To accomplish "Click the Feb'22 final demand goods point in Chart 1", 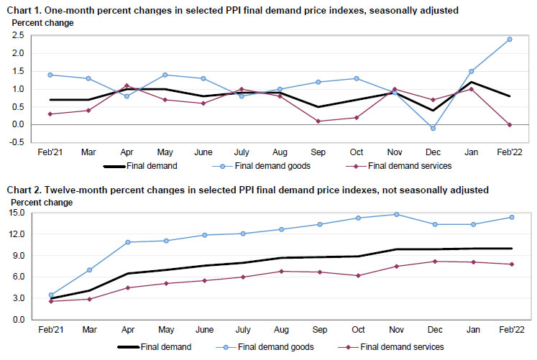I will point(510,39).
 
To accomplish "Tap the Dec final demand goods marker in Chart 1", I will point(431,128).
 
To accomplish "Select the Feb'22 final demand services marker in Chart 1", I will point(510,124).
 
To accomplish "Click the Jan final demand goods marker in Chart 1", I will point(471,71).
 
